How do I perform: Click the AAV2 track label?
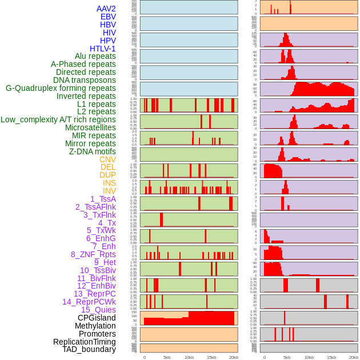106,9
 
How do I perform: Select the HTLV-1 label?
102,49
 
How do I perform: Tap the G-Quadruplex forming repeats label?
61,88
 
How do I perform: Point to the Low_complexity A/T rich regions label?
58,119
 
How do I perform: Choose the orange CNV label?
107,159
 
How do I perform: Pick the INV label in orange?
109,191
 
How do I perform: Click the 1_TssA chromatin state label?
103,199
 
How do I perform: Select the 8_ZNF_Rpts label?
93,254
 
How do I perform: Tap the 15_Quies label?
98,310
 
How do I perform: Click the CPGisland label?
97,318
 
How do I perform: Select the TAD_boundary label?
89,349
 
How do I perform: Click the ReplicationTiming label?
84,342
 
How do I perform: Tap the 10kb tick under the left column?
189,357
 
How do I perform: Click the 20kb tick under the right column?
354,357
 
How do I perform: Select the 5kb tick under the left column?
167,357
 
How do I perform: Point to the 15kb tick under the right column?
331,357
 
